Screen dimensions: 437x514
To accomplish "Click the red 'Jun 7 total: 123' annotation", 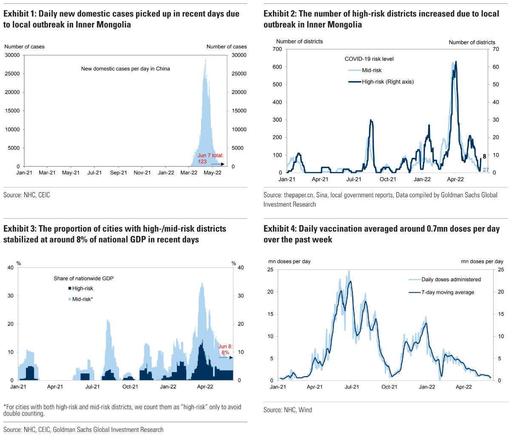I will (210, 158).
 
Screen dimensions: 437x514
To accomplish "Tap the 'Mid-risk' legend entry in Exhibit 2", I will (372, 70).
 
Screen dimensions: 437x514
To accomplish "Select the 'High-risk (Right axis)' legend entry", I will (387, 81).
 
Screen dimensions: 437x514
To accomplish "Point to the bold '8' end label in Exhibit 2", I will (484, 156).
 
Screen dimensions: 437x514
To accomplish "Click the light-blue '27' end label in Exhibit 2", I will (486, 170).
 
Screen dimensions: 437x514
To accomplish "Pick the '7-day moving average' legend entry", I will (447, 292).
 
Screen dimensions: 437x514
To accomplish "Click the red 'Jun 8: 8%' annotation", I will (225, 350).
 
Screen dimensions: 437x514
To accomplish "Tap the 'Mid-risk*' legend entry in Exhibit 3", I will (82, 300).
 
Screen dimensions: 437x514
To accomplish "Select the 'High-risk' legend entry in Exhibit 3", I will (82, 289).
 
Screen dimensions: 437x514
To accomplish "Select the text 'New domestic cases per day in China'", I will (125, 68).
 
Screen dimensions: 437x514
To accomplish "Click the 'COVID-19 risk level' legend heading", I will (369, 59).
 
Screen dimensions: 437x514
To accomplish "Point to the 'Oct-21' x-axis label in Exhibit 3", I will (130, 387).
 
